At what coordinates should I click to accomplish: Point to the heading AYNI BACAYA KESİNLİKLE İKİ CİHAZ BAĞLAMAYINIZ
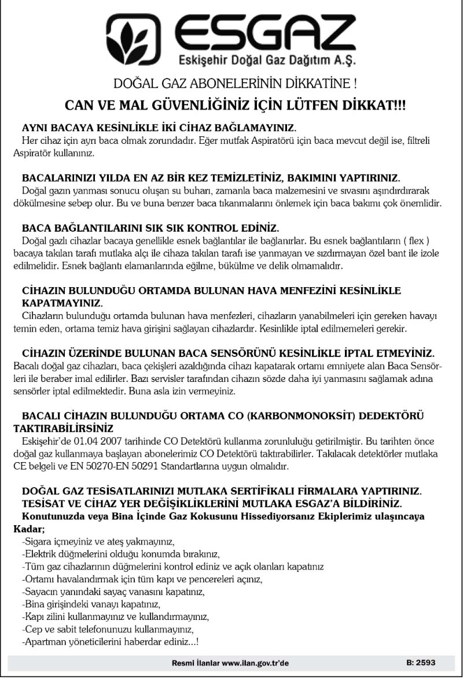(159, 127)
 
